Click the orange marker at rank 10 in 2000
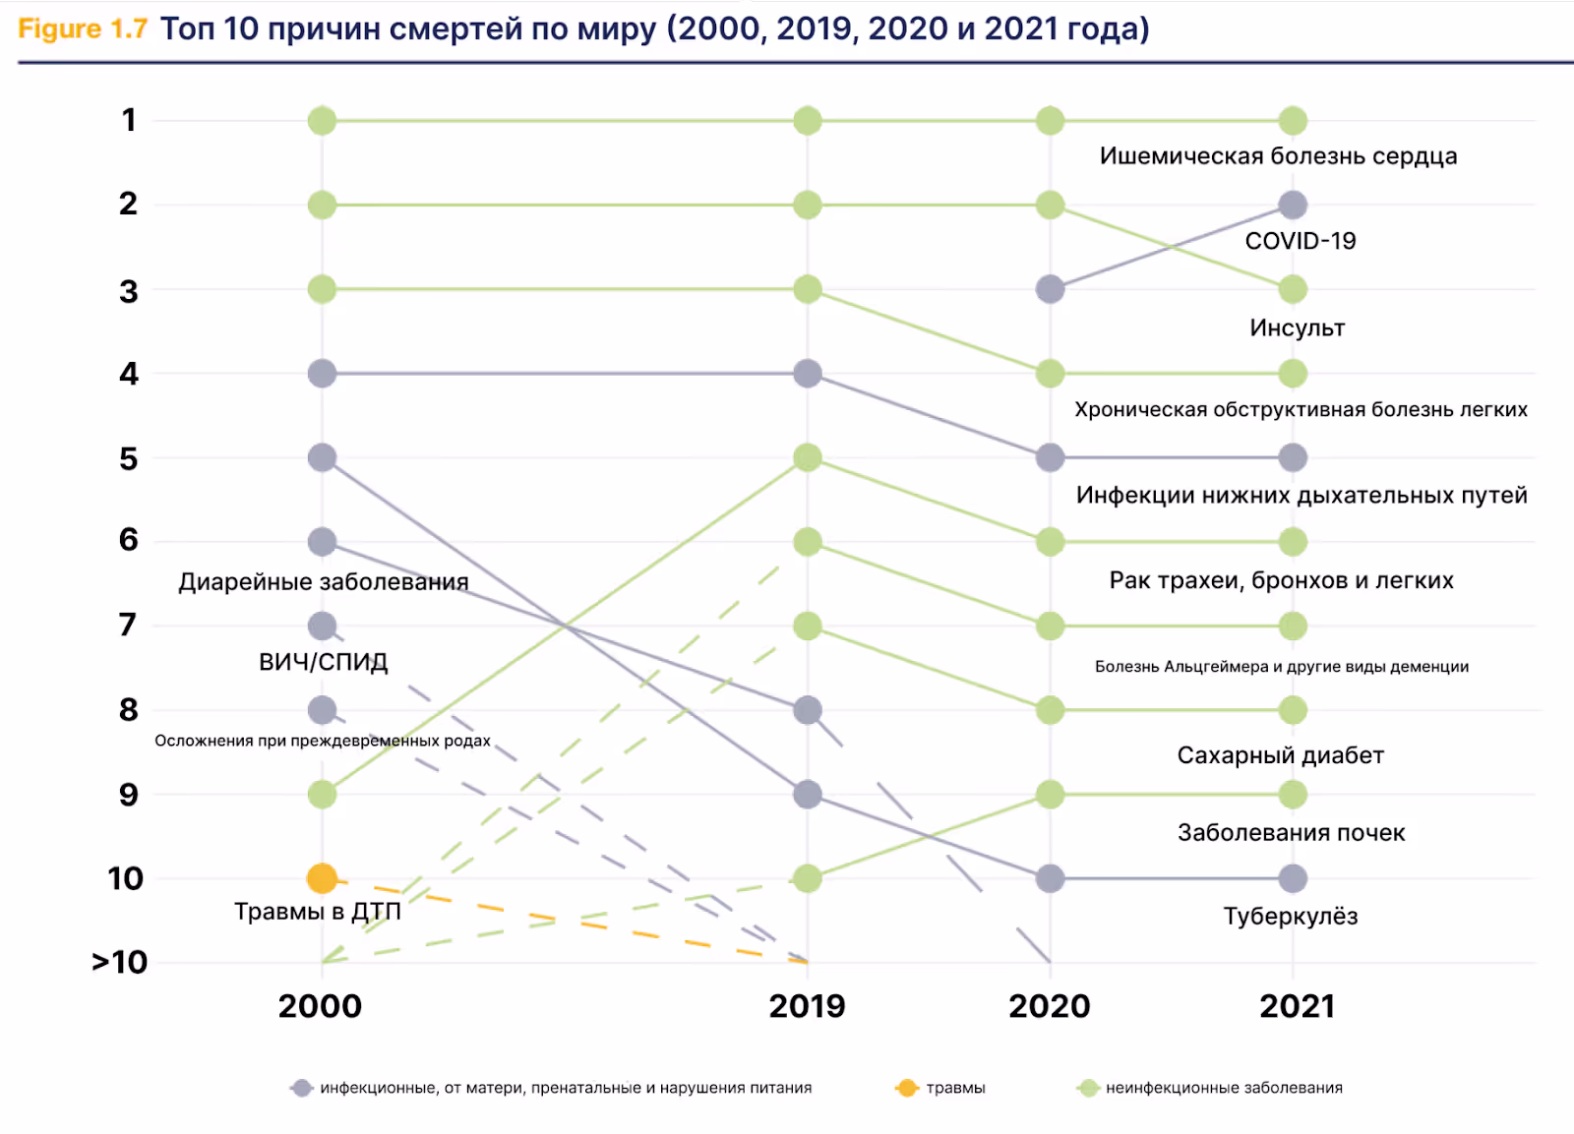coord(322,877)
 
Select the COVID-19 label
coord(1300,241)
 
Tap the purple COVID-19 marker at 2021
coord(1293,205)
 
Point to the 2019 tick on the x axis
coord(807,1006)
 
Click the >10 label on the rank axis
coord(120,962)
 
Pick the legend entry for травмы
coord(941,1088)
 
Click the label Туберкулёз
coord(1290,917)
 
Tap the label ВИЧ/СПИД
coord(323,662)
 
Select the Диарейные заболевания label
coord(323,582)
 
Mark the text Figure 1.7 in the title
coord(83,30)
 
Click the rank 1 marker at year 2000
coord(322,121)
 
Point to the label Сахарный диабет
coord(1280,755)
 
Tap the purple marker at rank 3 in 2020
coord(1050,289)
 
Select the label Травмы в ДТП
coord(317,912)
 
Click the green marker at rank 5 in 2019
coord(807,457)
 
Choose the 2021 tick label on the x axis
coord(1297,1006)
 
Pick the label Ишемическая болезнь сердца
coord(1278,156)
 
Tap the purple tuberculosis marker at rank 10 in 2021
coord(1293,878)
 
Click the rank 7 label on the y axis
coord(128,626)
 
